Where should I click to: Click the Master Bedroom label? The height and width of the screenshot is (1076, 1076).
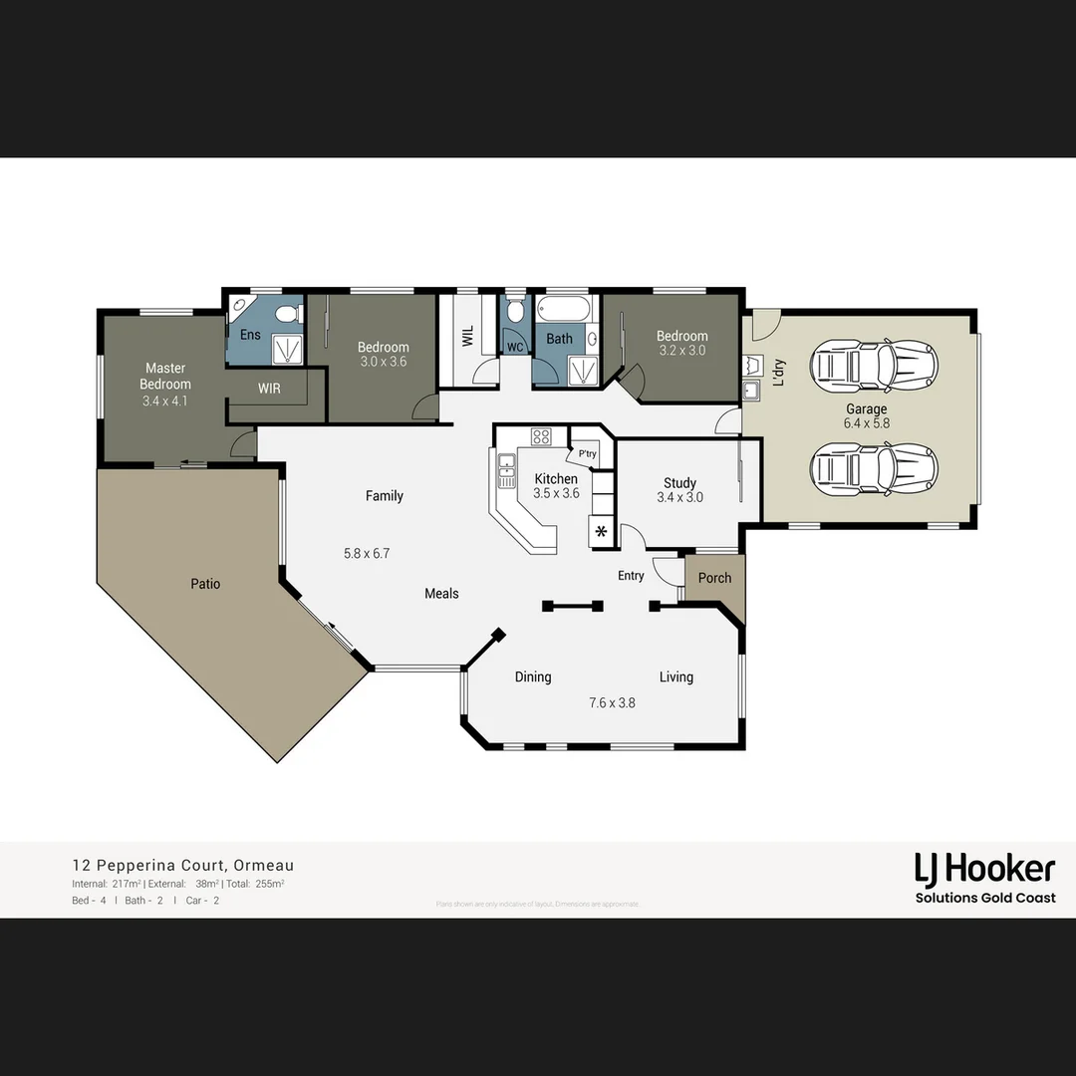coord(165,376)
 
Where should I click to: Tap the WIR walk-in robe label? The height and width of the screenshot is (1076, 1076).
coord(269,389)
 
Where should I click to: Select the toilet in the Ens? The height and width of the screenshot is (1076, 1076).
coord(286,315)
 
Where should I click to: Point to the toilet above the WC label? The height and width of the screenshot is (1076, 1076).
coord(514,312)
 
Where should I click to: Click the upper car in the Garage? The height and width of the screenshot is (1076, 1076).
coord(873,365)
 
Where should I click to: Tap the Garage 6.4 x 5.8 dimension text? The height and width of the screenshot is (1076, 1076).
coord(866,423)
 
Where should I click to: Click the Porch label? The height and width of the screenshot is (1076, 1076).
coord(714,578)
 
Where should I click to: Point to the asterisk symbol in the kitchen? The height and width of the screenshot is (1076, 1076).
coord(601,531)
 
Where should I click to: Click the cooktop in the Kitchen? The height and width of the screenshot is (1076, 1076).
coord(541,436)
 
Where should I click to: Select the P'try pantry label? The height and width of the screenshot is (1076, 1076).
coord(588,454)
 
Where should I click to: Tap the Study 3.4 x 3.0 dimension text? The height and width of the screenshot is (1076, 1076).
coord(679,497)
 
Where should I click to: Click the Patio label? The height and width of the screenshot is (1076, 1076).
coord(205,584)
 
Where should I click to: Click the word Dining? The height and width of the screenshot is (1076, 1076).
coord(533,677)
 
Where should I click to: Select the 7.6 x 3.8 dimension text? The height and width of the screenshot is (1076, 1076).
coord(612,702)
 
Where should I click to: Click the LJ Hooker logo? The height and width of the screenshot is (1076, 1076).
coord(984,870)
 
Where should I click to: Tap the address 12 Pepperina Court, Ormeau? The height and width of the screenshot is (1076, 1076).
coord(182,866)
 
